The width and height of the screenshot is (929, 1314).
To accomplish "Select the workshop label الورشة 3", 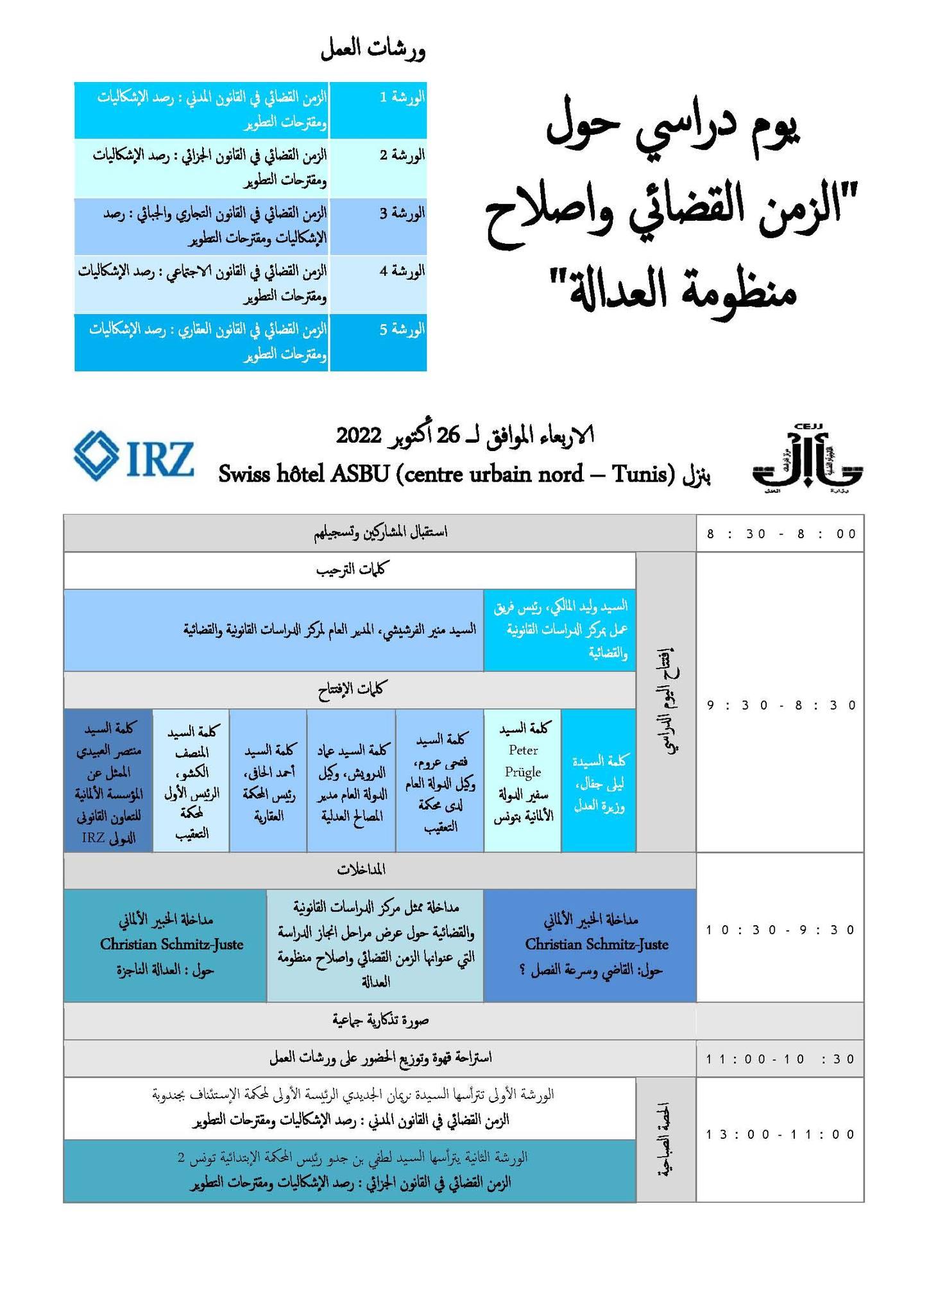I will click(402, 213).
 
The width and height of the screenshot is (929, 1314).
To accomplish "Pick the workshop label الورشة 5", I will click(402, 330).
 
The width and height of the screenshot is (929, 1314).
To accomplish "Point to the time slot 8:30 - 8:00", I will click(781, 534).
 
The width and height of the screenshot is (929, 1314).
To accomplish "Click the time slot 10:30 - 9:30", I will click(781, 930).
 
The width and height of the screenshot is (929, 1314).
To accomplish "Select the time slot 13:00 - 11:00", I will click(781, 1134).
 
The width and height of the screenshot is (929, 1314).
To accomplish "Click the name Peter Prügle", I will click(523, 761).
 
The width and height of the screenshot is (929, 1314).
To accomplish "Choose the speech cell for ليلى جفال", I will click(599, 781).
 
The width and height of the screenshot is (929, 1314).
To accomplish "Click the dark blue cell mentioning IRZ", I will click(108, 781).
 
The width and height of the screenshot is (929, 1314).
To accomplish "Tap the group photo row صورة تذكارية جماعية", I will click(379, 1020).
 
